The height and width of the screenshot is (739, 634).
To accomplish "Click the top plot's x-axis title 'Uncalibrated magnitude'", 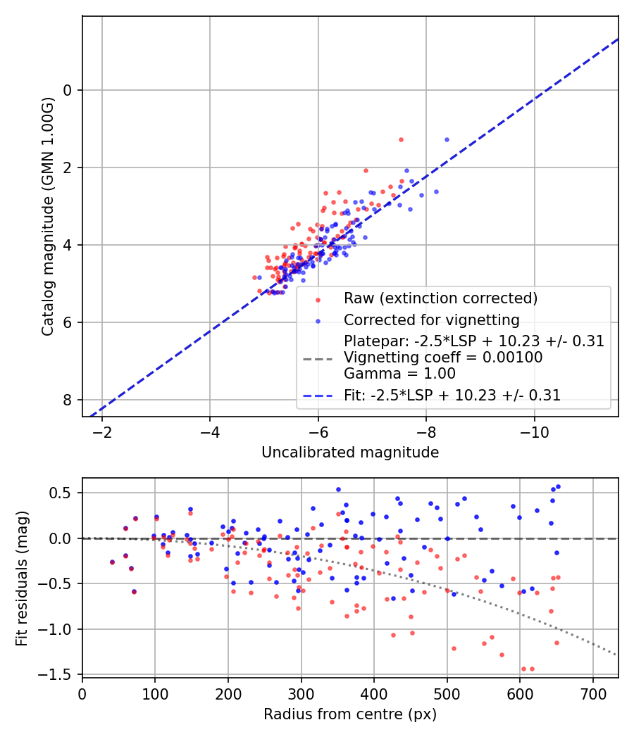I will [x=350, y=453].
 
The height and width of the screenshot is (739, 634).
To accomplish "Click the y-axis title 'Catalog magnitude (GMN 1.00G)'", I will [x=47, y=216].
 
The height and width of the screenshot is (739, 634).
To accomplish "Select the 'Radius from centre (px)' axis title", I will [x=350, y=714].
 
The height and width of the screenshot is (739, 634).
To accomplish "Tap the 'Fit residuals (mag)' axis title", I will [x=22, y=576].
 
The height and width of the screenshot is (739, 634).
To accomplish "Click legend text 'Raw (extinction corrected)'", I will [x=440, y=298].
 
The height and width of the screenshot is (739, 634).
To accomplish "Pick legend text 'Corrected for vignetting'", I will [x=431, y=320].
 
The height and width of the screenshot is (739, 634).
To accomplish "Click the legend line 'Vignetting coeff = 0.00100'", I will [x=443, y=358].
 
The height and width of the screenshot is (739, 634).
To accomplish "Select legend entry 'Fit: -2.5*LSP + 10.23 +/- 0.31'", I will [x=452, y=396].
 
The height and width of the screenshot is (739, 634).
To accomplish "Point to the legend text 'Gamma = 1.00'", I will [x=399, y=374].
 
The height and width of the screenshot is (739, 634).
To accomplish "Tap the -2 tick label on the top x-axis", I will [x=102, y=431].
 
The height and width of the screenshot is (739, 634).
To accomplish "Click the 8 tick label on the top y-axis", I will [x=68, y=400].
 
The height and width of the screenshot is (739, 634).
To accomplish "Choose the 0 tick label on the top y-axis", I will [x=68, y=90].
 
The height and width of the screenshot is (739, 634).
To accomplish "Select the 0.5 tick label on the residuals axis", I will [x=62, y=493].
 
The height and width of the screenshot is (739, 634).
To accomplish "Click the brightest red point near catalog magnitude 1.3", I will [x=401, y=139].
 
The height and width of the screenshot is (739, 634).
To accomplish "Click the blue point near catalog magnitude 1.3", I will [x=447, y=139].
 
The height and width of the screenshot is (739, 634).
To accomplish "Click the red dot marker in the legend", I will [x=318, y=299].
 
